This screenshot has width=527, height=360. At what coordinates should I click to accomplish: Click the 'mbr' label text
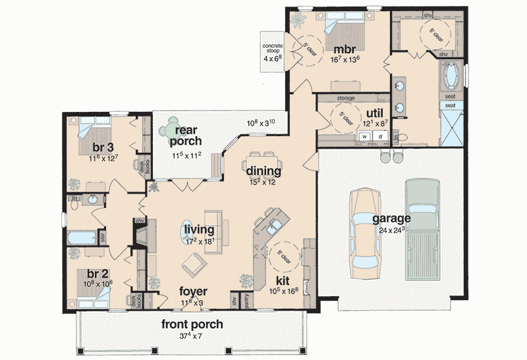(345, 49)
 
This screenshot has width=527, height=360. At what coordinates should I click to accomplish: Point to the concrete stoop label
(273, 50)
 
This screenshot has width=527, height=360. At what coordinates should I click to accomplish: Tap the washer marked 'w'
(363, 136)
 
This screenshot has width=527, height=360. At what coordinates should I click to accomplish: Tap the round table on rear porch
(173, 124)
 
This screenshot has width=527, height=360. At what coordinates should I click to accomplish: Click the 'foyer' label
(194, 291)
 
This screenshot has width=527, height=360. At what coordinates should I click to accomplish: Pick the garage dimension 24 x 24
(391, 230)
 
